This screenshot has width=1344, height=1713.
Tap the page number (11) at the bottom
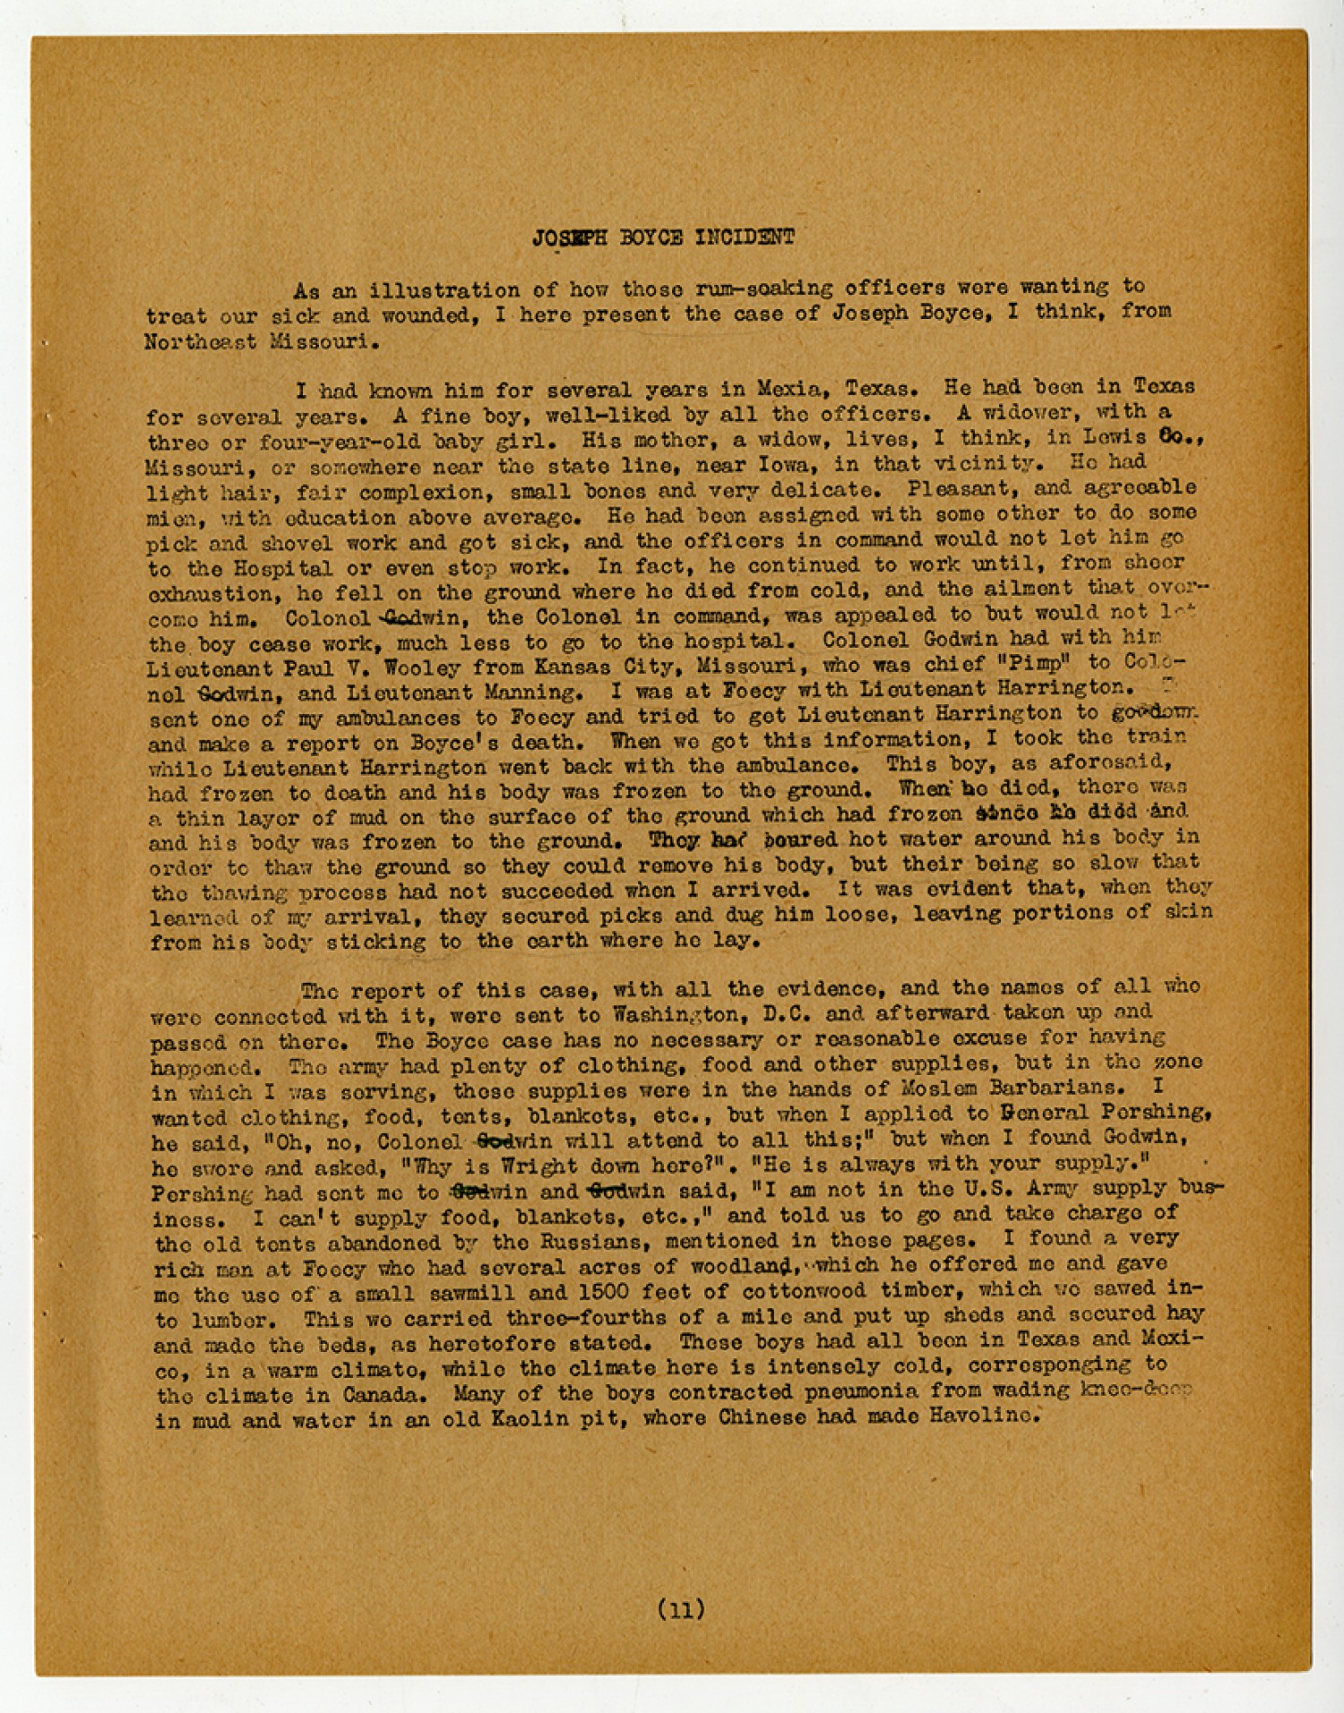coord(682,1609)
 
